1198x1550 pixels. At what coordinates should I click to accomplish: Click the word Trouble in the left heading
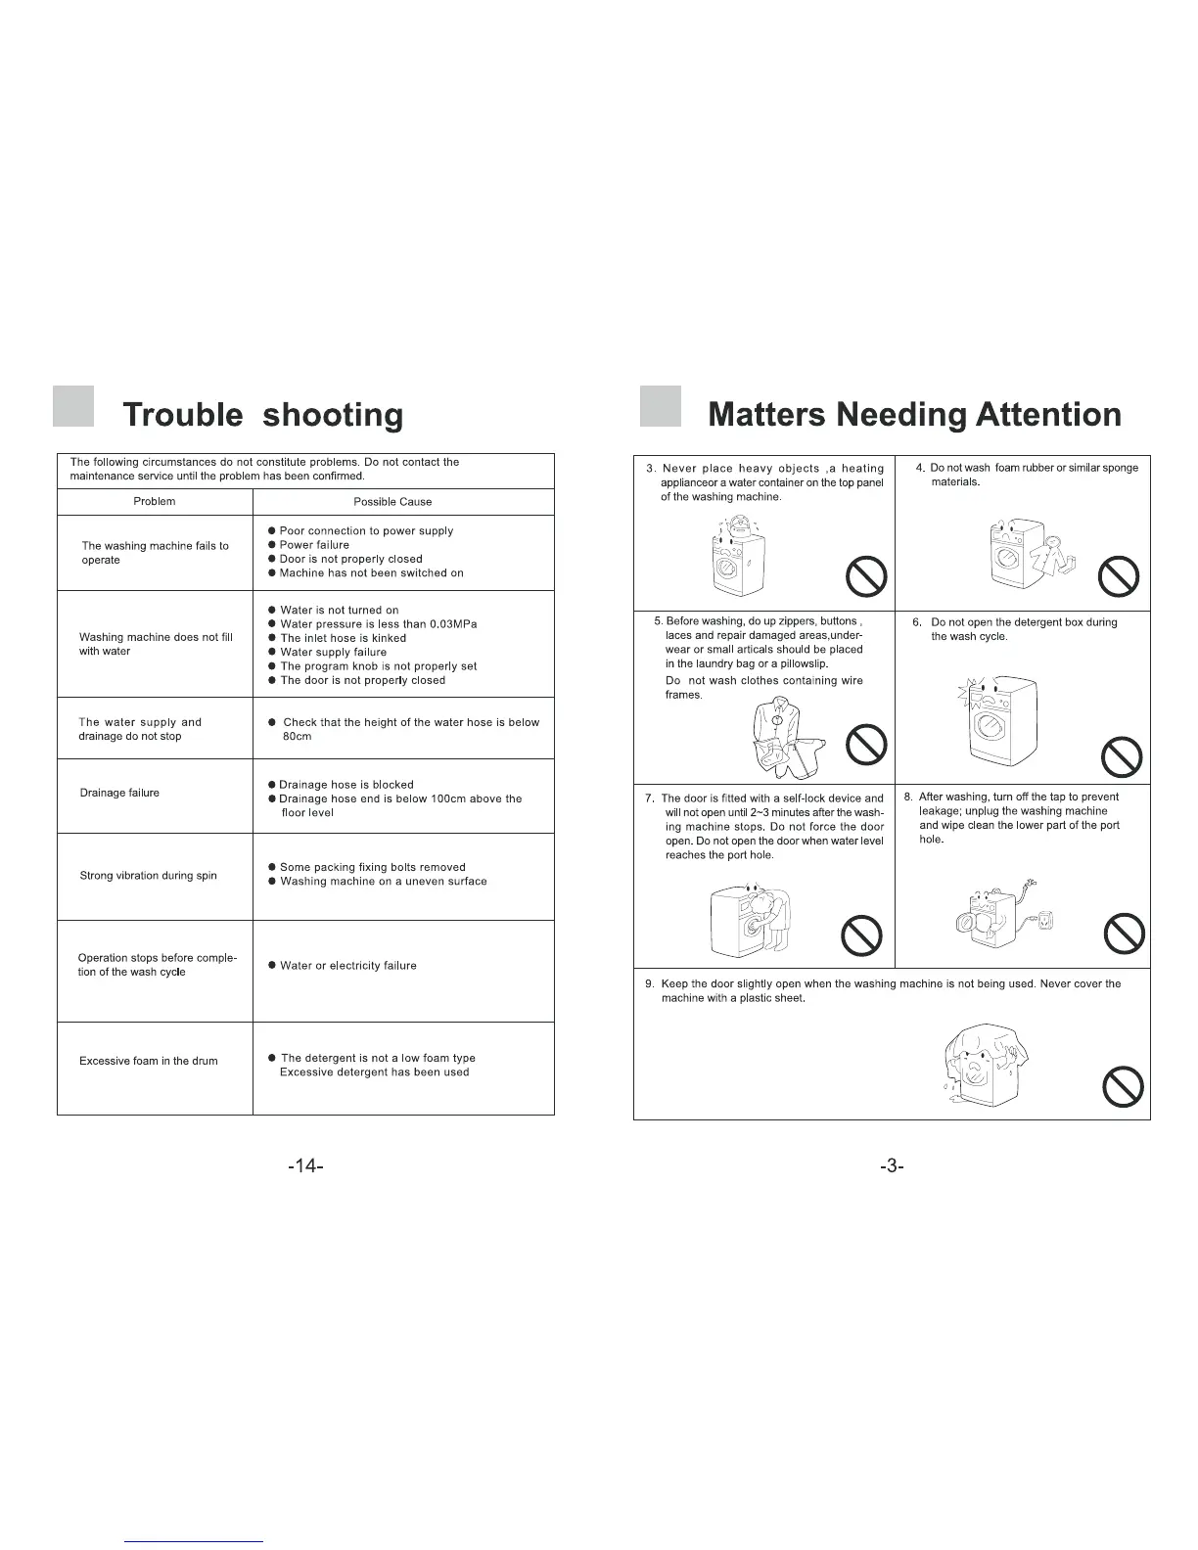pos(183,415)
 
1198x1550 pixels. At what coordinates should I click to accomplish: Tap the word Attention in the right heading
pos(1048,415)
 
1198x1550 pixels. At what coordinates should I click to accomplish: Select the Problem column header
pos(155,501)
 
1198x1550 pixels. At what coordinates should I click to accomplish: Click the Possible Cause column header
pos(392,502)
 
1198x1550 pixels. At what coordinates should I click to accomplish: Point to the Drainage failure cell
pos(119,793)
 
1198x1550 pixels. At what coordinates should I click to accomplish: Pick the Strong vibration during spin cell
pos(148,876)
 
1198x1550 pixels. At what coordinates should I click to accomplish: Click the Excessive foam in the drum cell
pos(149,1061)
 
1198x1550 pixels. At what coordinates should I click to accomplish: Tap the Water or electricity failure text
pos(347,966)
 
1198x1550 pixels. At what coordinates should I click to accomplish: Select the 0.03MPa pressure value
pos(453,624)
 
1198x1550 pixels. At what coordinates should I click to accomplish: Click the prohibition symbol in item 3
pos(866,576)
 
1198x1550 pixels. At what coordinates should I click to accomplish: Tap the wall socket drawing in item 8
pos(1047,921)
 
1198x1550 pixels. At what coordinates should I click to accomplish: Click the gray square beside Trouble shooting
pos(73,407)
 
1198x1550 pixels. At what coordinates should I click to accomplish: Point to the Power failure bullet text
pos(314,545)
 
